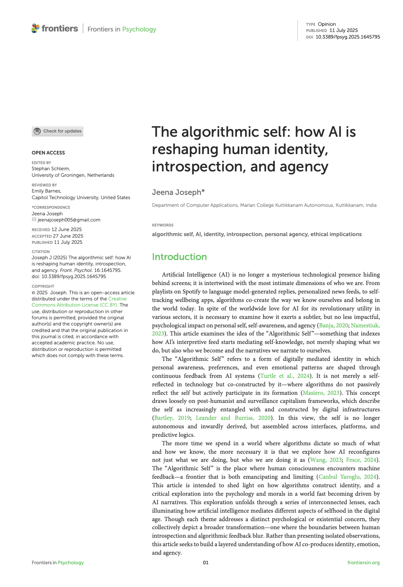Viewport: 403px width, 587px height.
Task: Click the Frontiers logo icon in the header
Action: pos(35,29)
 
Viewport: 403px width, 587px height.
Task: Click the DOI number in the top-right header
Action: pos(348,37)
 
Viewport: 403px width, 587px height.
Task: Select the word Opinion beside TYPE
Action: pos(327,24)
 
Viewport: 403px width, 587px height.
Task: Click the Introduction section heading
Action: pos(179,257)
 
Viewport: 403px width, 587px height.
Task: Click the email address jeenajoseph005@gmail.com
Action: pos(69,220)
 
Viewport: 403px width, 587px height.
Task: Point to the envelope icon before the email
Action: pos(34,220)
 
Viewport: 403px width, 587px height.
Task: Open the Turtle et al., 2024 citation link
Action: pos(285,376)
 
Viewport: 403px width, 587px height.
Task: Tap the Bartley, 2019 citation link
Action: pos(172,418)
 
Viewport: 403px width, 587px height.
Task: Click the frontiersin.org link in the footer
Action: pos(363,563)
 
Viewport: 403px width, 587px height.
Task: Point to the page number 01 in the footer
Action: pos(206,563)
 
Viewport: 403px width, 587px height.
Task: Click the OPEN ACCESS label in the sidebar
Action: pos(48,153)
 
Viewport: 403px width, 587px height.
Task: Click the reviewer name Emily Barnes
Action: pos(46,191)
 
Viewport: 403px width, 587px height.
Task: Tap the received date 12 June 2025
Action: pos(67,230)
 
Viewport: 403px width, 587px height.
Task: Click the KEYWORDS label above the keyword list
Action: pos(163,225)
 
